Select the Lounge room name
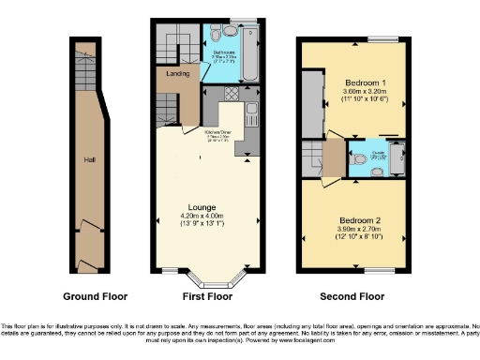(202, 207)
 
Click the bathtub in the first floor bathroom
(251, 42)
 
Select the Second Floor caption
(352, 296)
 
